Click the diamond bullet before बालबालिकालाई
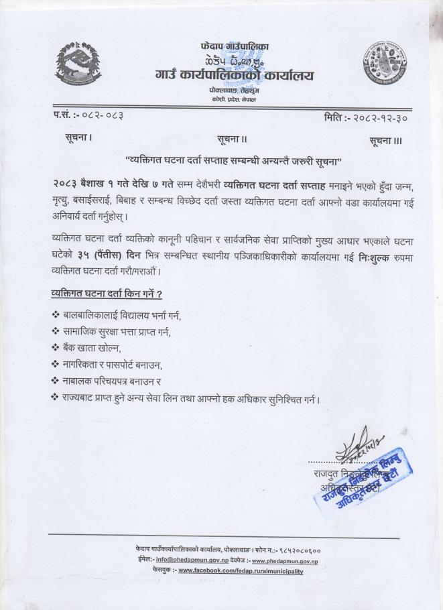(x=55, y=314)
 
